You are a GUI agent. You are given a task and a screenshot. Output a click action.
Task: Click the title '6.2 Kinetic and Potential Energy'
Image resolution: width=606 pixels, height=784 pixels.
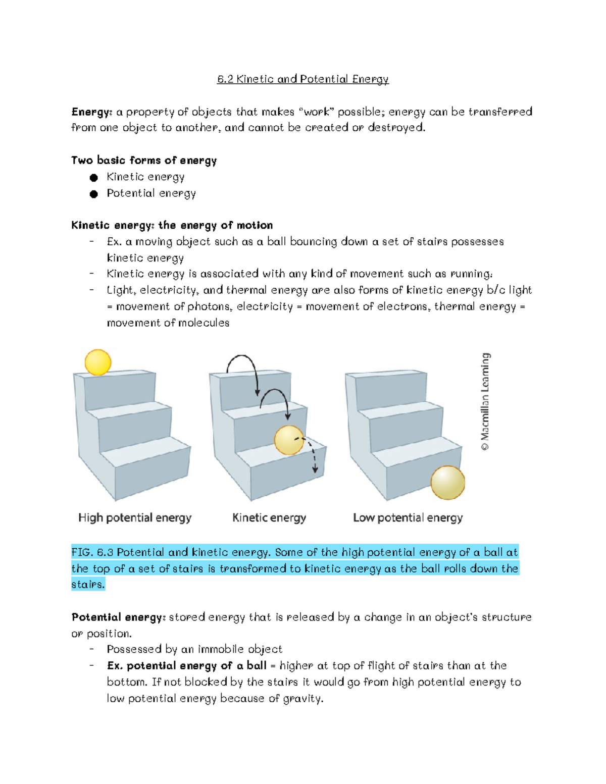click(302, 79)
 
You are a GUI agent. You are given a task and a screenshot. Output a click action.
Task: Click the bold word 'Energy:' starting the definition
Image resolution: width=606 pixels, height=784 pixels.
click(91, 112)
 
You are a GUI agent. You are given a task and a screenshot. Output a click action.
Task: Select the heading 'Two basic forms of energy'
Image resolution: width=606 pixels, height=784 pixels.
click(144, 161)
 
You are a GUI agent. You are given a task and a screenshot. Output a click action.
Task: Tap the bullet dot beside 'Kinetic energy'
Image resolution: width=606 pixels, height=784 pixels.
click(93, 178)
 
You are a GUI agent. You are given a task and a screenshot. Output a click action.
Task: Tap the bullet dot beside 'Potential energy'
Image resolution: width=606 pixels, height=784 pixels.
click(93, 194)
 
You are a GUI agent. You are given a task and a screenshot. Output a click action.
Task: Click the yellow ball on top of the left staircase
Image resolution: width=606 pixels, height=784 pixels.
click(98, 362)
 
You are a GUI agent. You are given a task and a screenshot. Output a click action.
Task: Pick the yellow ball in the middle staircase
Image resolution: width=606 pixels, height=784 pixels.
click(289, 440)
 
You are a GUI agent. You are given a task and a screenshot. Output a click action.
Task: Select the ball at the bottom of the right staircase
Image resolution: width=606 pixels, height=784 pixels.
click(447, 483)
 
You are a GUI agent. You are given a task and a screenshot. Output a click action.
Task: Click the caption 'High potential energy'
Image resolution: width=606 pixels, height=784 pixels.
click(135, 518)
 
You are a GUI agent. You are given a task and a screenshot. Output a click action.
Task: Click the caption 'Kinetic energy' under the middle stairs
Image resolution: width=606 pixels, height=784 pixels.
click(269, 518)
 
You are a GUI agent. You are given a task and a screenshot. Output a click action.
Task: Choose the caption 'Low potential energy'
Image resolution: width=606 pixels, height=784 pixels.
click(408, 518)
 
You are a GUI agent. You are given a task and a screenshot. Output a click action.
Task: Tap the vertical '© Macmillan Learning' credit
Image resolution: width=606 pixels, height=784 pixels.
click(485, 401)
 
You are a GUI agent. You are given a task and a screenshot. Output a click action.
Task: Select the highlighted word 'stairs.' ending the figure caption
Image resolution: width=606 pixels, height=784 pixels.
click(88, 585)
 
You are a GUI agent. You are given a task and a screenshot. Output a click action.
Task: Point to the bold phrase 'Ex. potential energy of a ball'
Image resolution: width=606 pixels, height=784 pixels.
click(186, 666)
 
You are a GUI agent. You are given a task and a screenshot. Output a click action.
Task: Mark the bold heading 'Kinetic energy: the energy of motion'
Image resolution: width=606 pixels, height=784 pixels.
click(172, 225)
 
